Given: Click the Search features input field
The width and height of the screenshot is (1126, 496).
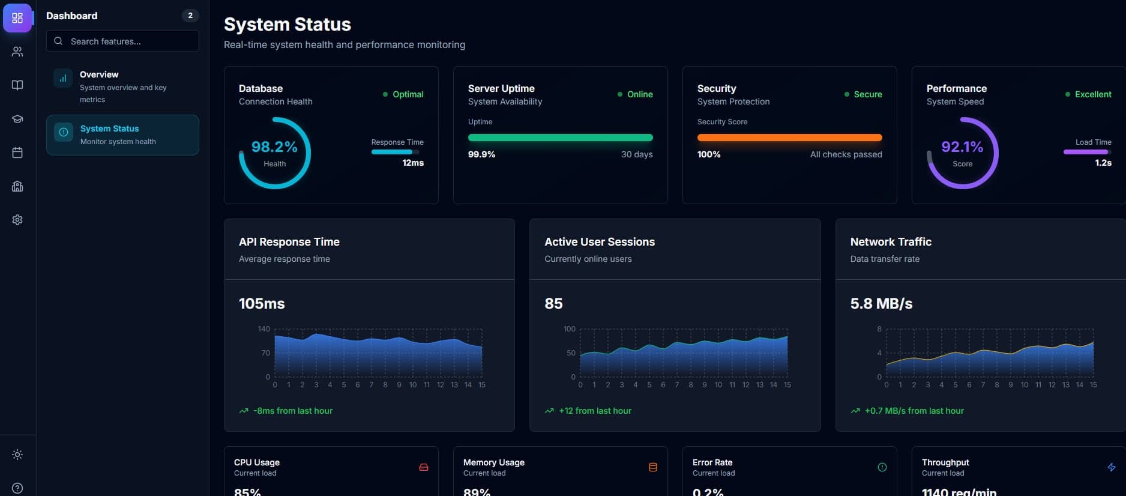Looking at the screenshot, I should tap(122, 41).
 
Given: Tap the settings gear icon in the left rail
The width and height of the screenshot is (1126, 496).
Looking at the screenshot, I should tap(17, 220).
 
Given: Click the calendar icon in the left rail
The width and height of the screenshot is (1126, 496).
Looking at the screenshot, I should tap(17, 153).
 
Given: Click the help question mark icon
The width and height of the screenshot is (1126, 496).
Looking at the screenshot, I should tap(17, 488).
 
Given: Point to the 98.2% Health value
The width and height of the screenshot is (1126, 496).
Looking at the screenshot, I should tap(274, 147).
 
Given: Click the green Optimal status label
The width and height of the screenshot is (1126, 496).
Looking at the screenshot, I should tap(408, 94).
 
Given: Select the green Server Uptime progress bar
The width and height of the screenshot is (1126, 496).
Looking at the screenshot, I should tap(560, 138).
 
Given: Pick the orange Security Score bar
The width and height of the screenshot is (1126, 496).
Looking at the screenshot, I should tap(789, 138).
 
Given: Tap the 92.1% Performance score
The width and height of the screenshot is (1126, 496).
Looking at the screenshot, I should tap(962, 147).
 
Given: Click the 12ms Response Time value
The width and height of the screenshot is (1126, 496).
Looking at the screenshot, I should tap(413, 163).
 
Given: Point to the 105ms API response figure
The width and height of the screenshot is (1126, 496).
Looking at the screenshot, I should tap(262, 304).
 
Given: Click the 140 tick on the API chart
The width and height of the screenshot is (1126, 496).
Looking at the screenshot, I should tap(263, 329).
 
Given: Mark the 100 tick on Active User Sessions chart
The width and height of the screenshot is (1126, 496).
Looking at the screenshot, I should tap(569, 329).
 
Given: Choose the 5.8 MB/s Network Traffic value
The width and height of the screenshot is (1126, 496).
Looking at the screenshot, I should tap(881, 304).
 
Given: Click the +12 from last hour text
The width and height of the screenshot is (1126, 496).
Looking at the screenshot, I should tap(595, 411).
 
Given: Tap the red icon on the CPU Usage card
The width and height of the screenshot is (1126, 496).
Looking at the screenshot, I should tap(424, 467).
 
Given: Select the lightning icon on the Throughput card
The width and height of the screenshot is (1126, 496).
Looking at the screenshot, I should tap(1111, 467).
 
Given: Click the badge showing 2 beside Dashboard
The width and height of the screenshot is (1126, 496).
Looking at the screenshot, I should tap(190, 16).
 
